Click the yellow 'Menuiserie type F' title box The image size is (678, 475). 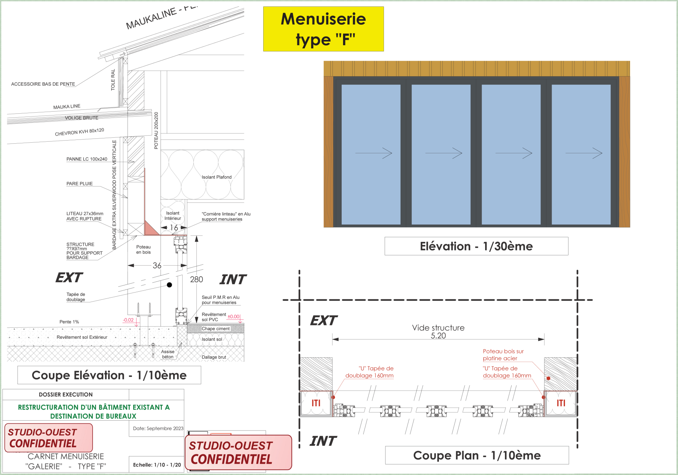(323, 29)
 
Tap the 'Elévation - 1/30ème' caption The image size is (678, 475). (476, 246)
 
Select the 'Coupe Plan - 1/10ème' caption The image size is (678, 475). (477, 455)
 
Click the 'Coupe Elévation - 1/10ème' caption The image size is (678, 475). (109, 375)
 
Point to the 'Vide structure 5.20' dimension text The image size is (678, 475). (438, 332)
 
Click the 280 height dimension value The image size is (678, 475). (196, 279)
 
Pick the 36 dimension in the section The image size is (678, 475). (157, 266)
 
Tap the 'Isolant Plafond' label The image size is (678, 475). (217, 177)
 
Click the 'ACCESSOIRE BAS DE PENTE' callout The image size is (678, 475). (43, 84)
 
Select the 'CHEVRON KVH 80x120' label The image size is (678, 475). (79, 132)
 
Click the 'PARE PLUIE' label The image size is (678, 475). (79, 184)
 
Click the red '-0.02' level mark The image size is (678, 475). (128, 320)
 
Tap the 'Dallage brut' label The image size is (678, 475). (214, 357)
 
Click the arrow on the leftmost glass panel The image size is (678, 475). (373, 153)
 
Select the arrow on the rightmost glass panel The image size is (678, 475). (584, 153)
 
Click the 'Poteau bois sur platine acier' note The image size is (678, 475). (503, 355)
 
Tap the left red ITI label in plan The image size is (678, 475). (316, 403)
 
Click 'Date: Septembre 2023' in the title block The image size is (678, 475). (158, 428)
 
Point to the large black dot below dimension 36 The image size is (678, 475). (170, 285)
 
